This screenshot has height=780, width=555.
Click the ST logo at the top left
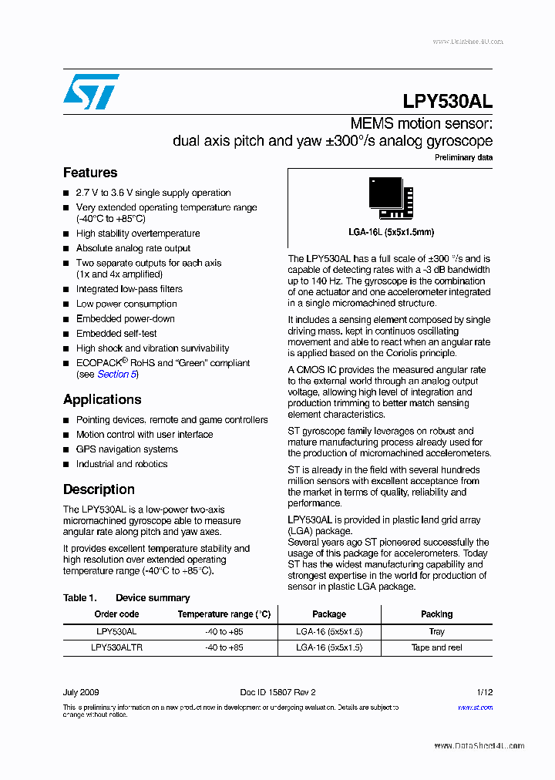pyautogui.click(x=91, y=92)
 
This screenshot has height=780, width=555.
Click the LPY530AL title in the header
pyautogui.click(x=447, y=101)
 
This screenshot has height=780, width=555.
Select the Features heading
pyautogui.click(x=90, y=173)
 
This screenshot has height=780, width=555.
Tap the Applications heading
pyautogui.click(x=102, y=399)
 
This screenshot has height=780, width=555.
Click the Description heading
pyautogui.click(x=99, y=489)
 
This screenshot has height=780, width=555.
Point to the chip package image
pyautogui.click(x=390, y=198)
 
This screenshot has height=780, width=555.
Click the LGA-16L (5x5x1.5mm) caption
pyautogui.click(x=391, y=232)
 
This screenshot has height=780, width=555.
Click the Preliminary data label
pyautogui.click(x=463, y=158)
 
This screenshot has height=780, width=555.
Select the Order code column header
pyautogui.click(x=116, y=614)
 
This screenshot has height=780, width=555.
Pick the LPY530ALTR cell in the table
pyautogui.click(x=116, y=647)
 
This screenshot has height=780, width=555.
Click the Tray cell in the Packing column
pyautogui.click(x=436, y=631)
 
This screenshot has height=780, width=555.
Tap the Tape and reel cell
pyautogui.click(x=436, y=647)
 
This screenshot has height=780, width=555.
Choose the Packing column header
pyautogui.click(x=436, y=614)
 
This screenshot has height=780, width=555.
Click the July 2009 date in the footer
pyautogui.click(x=81, y=692)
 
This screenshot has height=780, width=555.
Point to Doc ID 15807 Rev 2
pyautogui.click(x=277, y=692)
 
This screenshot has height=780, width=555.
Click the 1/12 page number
pyautogui.click(x=484, y=692)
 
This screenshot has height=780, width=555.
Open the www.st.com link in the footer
pyautogui.click(x=475, y=708)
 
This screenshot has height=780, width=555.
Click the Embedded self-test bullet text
pyautogui.click(x=116, y=334)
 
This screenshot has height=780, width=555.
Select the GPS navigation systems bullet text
pyautogui.click(x=126, y=449)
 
